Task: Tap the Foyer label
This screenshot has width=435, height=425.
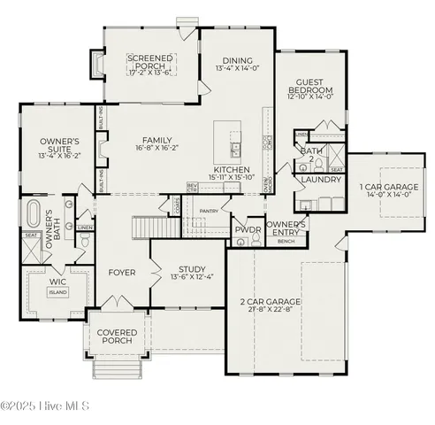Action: coord(121,273)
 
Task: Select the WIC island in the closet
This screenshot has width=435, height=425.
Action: coord(57,291)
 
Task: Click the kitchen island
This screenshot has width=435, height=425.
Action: coord(233,142)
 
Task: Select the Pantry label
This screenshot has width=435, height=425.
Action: coord(209,211)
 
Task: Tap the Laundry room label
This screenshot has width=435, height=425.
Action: coord(320,180)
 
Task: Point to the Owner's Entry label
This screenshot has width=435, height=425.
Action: coord(286,228)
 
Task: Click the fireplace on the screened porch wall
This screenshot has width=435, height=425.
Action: coord(97,63)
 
